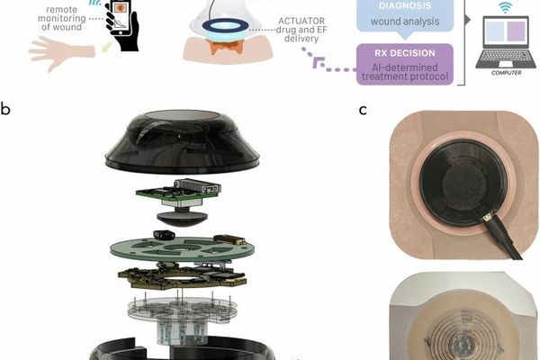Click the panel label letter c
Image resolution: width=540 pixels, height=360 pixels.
(363, 111)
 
